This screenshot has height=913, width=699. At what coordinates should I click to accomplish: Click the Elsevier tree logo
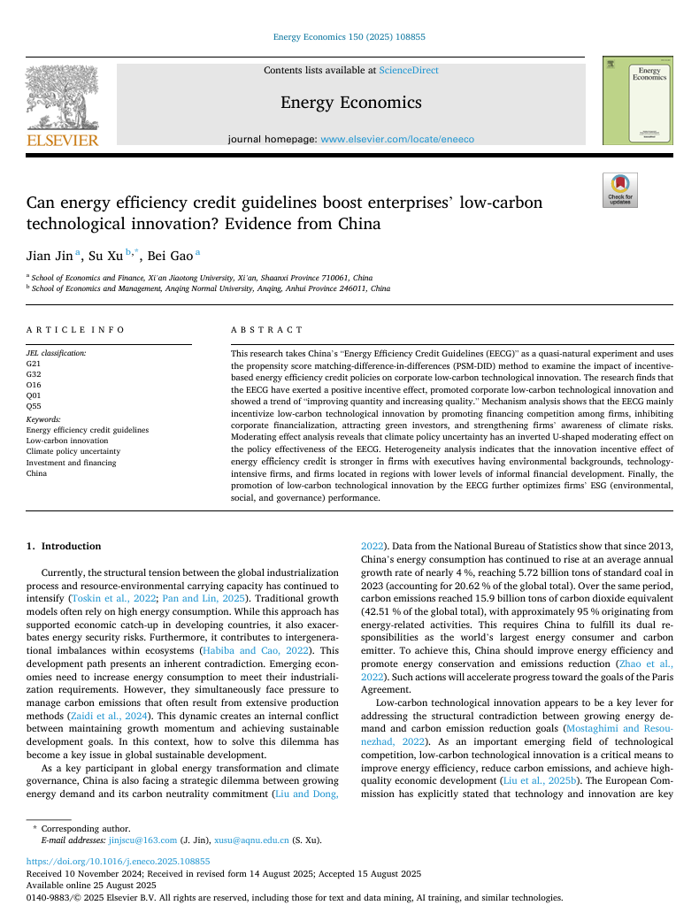click(x=62, y=97)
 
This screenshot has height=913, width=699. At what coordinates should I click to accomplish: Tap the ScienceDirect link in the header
click(x=408, y=70)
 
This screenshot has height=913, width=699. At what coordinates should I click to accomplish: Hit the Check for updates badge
click(x=619, y=190)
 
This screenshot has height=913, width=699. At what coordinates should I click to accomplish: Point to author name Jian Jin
click(x=50, y=255)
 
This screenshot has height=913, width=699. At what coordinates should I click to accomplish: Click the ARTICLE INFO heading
click(x=75, y=329)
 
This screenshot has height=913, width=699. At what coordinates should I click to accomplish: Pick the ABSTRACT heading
click(x=266, y=329)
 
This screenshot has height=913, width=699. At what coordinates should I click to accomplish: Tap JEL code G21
click(x=33, y=363)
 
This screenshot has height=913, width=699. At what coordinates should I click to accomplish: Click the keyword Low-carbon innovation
click(x=67, y=441)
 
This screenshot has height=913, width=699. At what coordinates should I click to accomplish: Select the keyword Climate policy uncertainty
click(x=73, y=451)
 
